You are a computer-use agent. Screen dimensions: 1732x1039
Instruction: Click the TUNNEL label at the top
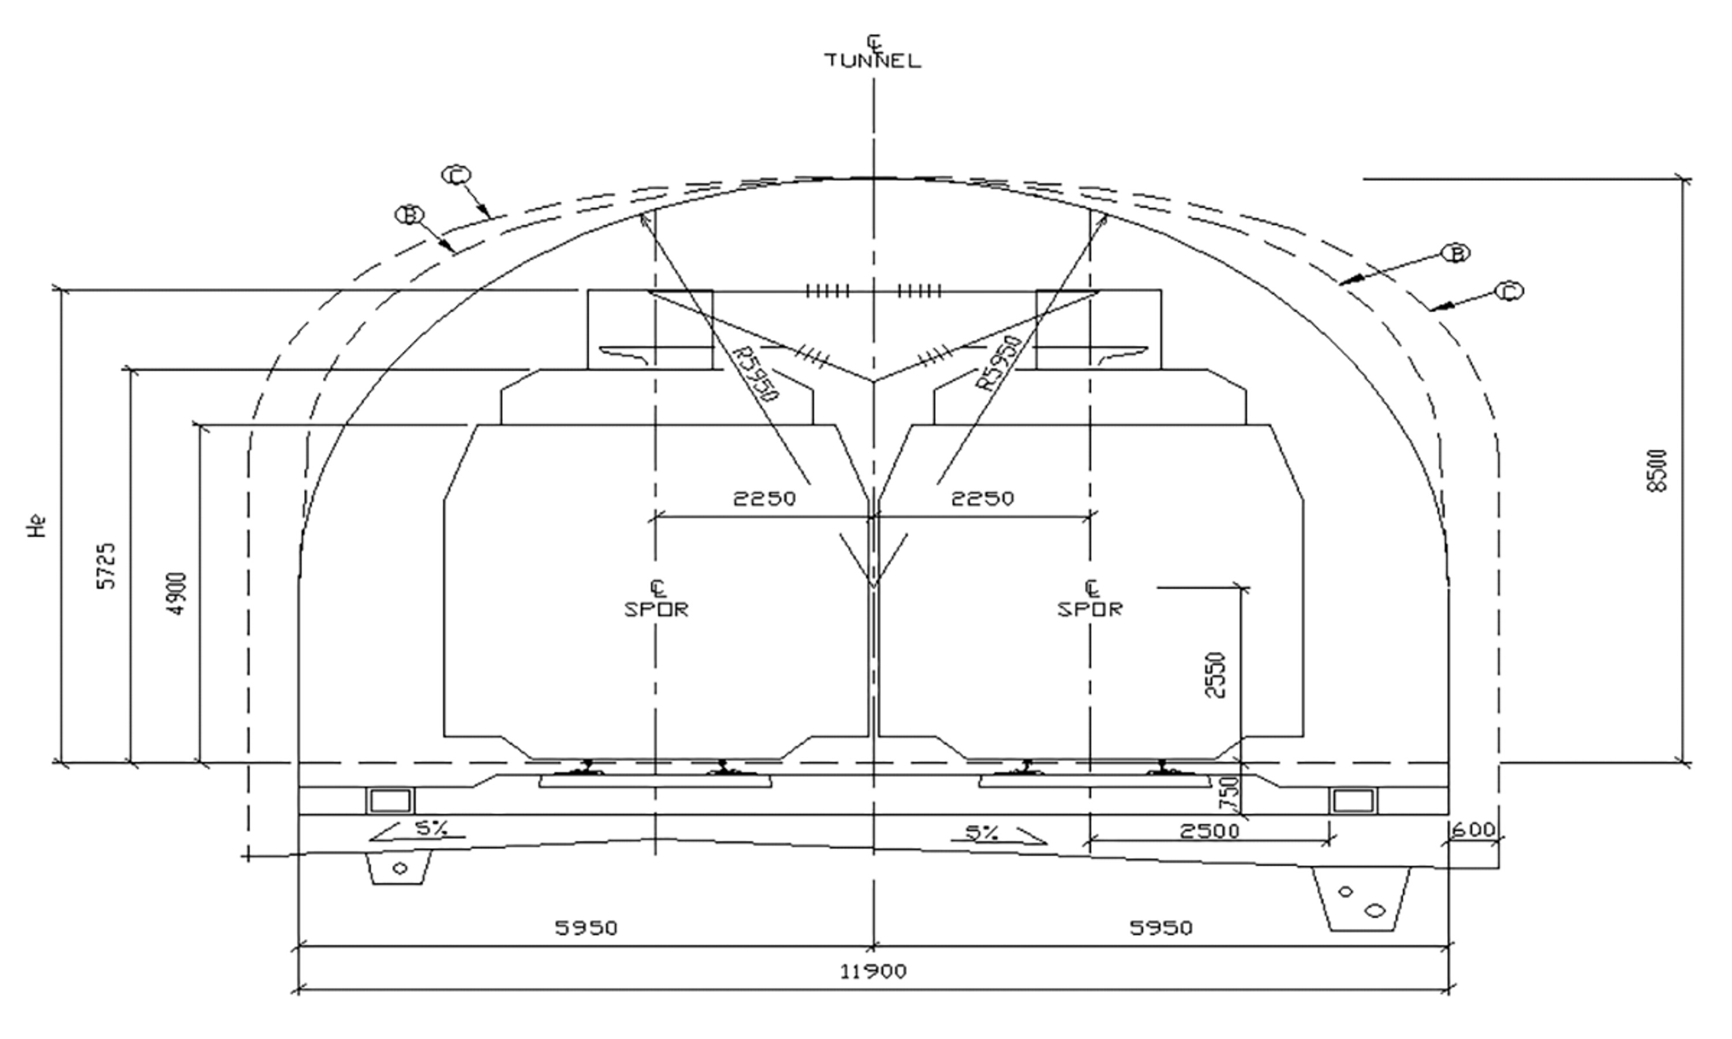click(872, 61)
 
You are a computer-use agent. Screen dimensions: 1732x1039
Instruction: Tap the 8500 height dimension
click(1658, 470)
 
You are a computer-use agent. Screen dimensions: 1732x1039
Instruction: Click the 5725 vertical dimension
click(106, 566)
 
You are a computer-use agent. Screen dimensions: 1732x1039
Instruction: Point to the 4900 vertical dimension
click(177, 594)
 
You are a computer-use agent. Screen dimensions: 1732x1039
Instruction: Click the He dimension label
click(37, 526)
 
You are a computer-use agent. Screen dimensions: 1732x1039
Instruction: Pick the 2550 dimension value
click(1215, 675)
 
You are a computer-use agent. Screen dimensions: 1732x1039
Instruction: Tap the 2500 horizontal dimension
click(1209, 831)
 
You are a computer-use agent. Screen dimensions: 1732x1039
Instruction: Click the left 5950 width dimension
click(586, 928)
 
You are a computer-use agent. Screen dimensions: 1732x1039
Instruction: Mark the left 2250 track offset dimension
click(764, 499)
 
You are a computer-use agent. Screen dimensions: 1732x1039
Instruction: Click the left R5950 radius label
click(754, 374)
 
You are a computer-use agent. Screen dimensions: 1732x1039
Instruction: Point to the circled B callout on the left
click(409, 214)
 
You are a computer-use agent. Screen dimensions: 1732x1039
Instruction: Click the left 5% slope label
click(431, 828)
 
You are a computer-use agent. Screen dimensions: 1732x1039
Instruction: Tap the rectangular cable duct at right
click(1353, 800)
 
